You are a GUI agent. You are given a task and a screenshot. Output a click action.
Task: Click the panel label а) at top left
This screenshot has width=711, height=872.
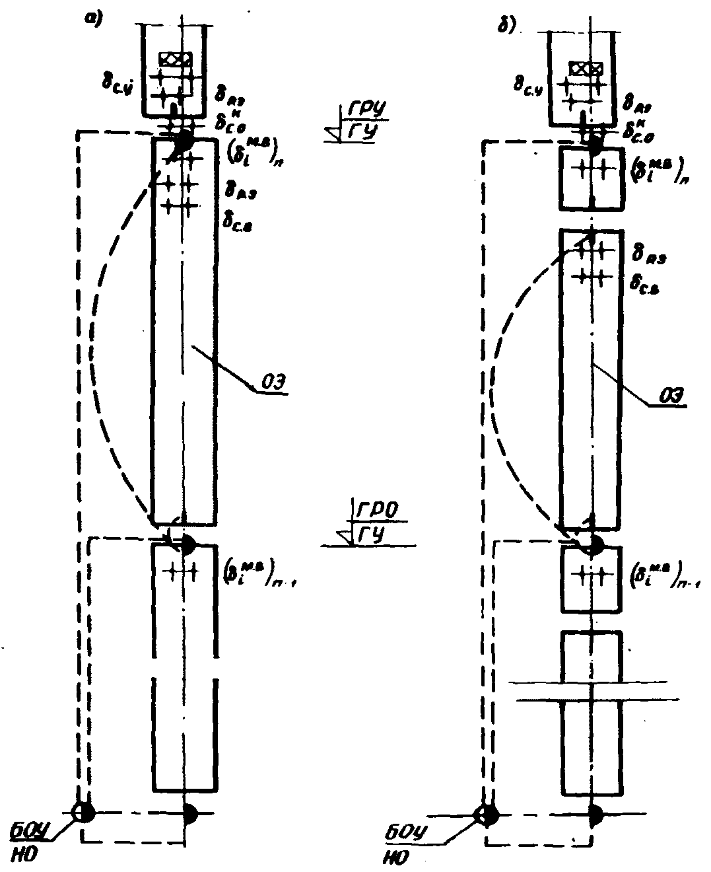[93, 20]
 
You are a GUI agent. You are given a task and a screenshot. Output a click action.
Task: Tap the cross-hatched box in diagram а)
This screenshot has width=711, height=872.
[176, 59]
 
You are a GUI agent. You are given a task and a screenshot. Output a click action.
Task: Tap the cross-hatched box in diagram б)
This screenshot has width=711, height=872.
[585, 67]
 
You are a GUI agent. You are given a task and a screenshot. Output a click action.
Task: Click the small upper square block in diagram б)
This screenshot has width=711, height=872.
[592, 179]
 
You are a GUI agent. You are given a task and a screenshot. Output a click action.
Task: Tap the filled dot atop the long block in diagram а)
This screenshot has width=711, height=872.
[183, 141]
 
